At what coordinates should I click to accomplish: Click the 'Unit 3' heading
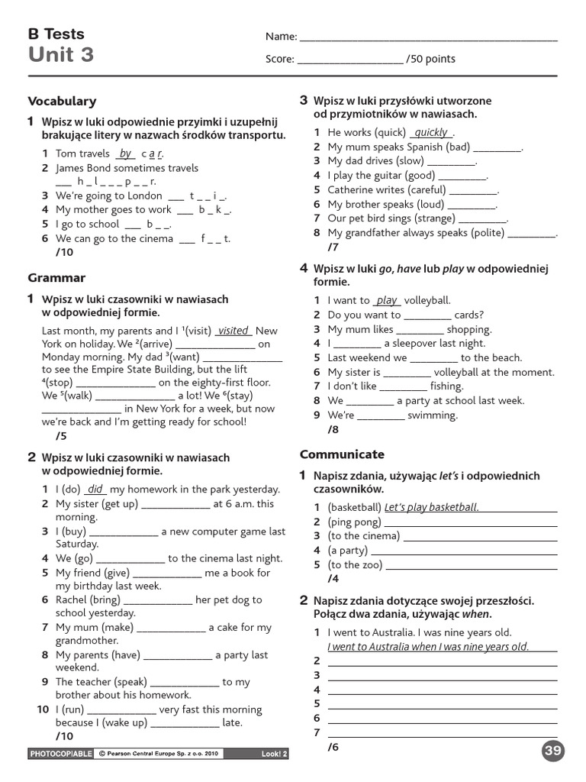click(x=61, y=55)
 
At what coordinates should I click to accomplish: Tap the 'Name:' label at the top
click(x=281, y=37)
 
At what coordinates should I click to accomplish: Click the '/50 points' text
click(x=431, y=59)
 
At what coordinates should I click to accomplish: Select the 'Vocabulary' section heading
click(x=62, y=101)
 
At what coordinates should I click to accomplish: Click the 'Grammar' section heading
click(x=56, y=278)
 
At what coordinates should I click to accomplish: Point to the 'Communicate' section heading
click(x=342, y=454)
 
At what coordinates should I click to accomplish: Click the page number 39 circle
click(x=554, y=751)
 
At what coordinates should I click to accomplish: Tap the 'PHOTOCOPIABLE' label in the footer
click(x=60, y=755)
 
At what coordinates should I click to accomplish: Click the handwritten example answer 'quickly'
click(x=431, y=132)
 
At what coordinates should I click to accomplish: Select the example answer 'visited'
click(x=233, y=331)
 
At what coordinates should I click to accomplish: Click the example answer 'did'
click(x=95, y=489)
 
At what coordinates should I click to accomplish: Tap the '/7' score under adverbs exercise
click(x=333, y=247)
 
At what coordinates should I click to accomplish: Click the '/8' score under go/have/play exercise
click(x=333, y=429)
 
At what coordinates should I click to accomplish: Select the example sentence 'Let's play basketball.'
click(x=431, y=507)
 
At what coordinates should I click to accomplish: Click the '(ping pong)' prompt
click(x=355, y=522)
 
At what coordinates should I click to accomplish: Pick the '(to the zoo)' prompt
click(x=356, y=564)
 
